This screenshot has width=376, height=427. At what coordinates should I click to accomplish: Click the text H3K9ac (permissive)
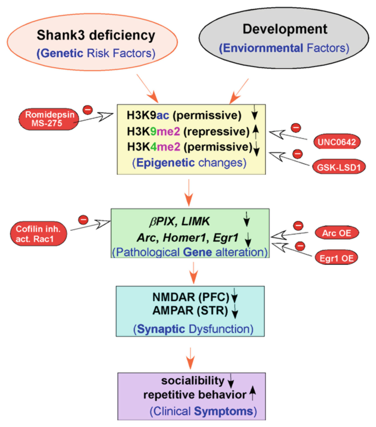183,116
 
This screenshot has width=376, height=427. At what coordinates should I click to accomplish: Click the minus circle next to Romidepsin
87,109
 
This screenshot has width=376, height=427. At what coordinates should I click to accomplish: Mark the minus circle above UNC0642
296,128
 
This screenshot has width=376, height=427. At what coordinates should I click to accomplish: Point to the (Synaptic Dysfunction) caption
188,330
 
